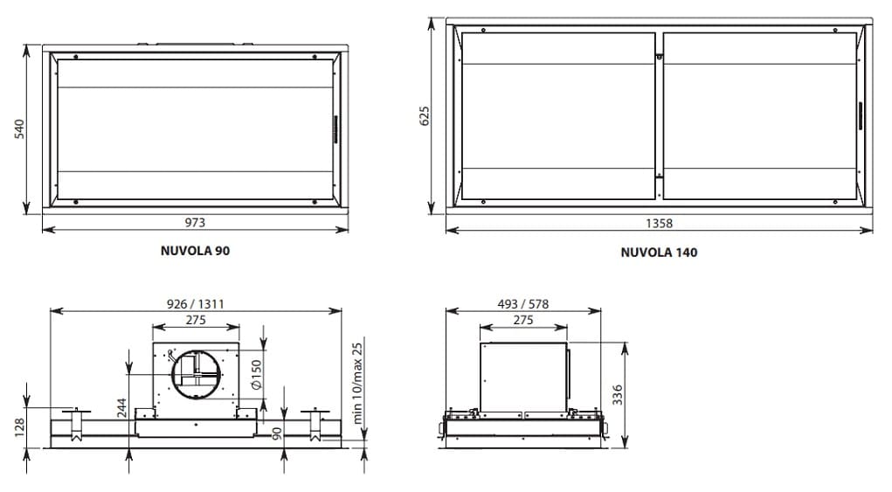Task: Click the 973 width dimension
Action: [x=195, y=222]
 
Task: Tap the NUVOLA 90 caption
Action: [x=195, y=250]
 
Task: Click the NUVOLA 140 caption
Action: [x=659, y=252]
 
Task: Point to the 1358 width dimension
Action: [x=659, y=224]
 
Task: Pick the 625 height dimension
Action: [x=425, y=115]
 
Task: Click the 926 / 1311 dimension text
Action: [x=195, y=304]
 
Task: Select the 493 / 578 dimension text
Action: [x=522, y=304]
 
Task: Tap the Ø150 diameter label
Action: [x=256, y=374]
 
